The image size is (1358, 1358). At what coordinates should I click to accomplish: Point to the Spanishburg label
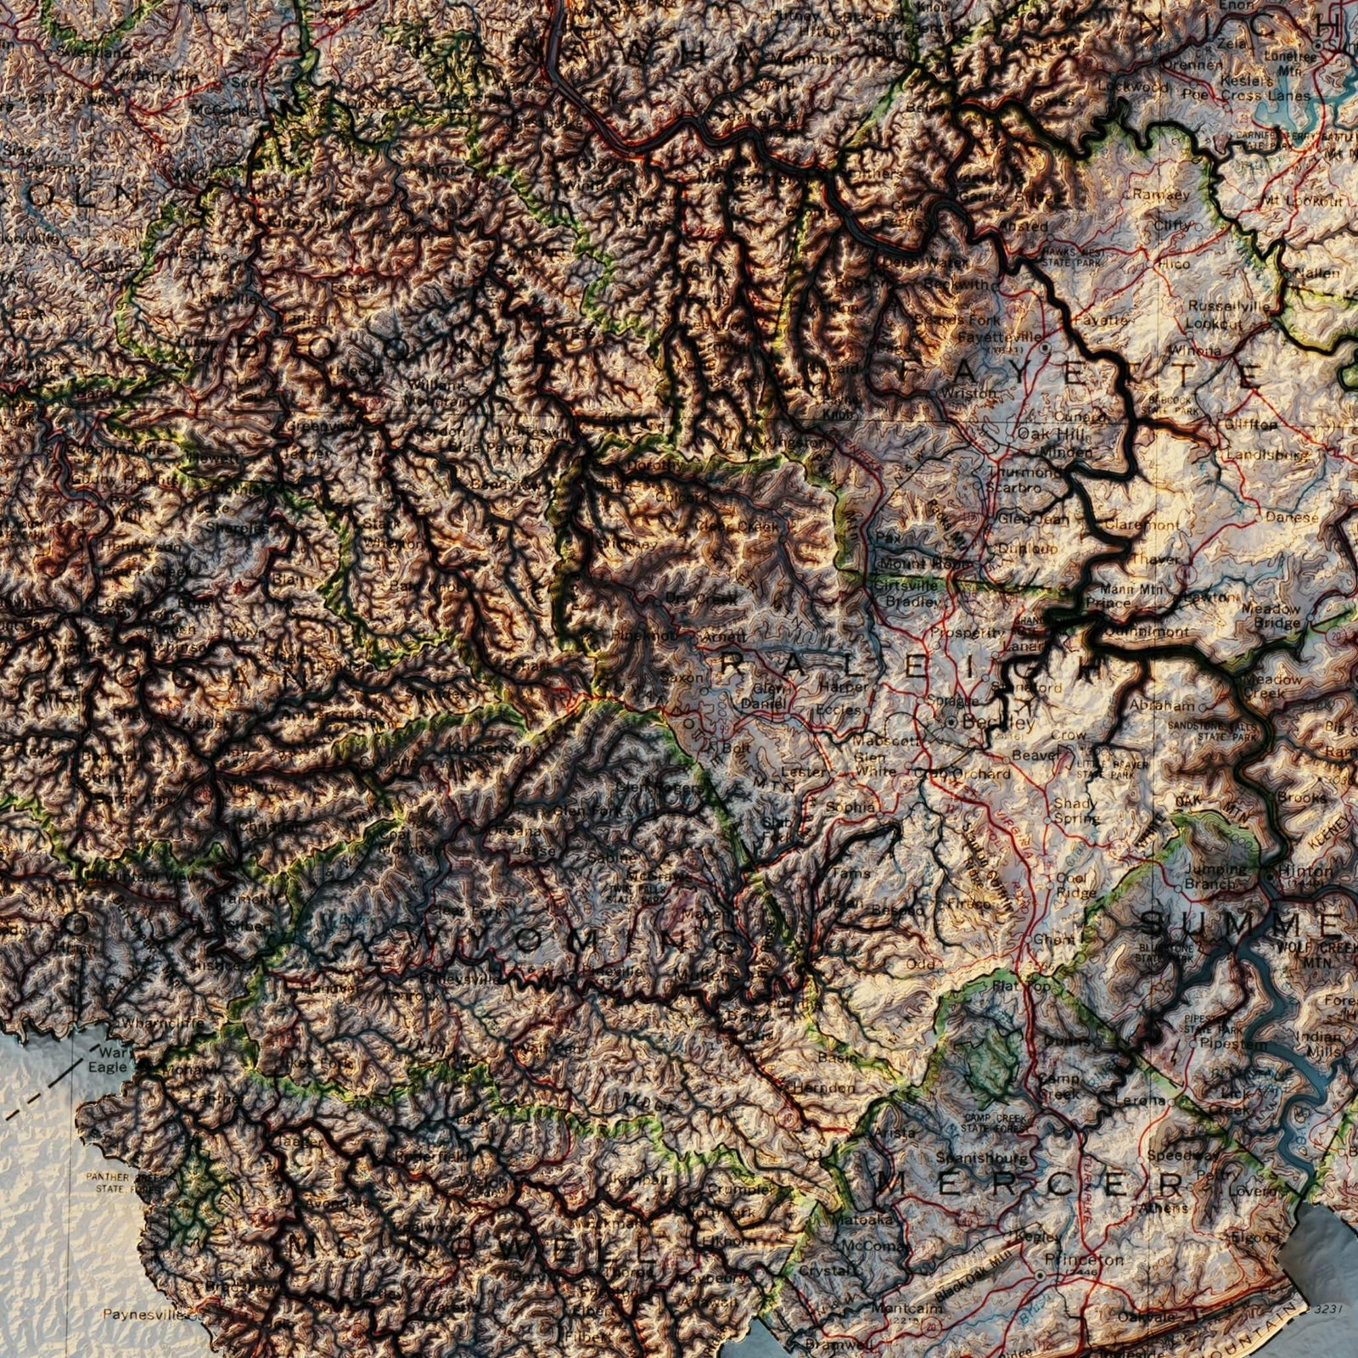click(x=982, y=1157)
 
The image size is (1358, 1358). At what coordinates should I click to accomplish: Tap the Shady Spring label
click(x=1076, y=811)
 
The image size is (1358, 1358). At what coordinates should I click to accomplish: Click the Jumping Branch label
click(x=1215, y=876)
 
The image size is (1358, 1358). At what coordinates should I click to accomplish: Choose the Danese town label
click(x=1292, y=516)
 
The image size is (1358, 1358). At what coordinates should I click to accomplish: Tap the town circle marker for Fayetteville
click(x=1046, y=348)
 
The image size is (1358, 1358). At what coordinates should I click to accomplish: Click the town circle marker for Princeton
click(x=1041, y=1275)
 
